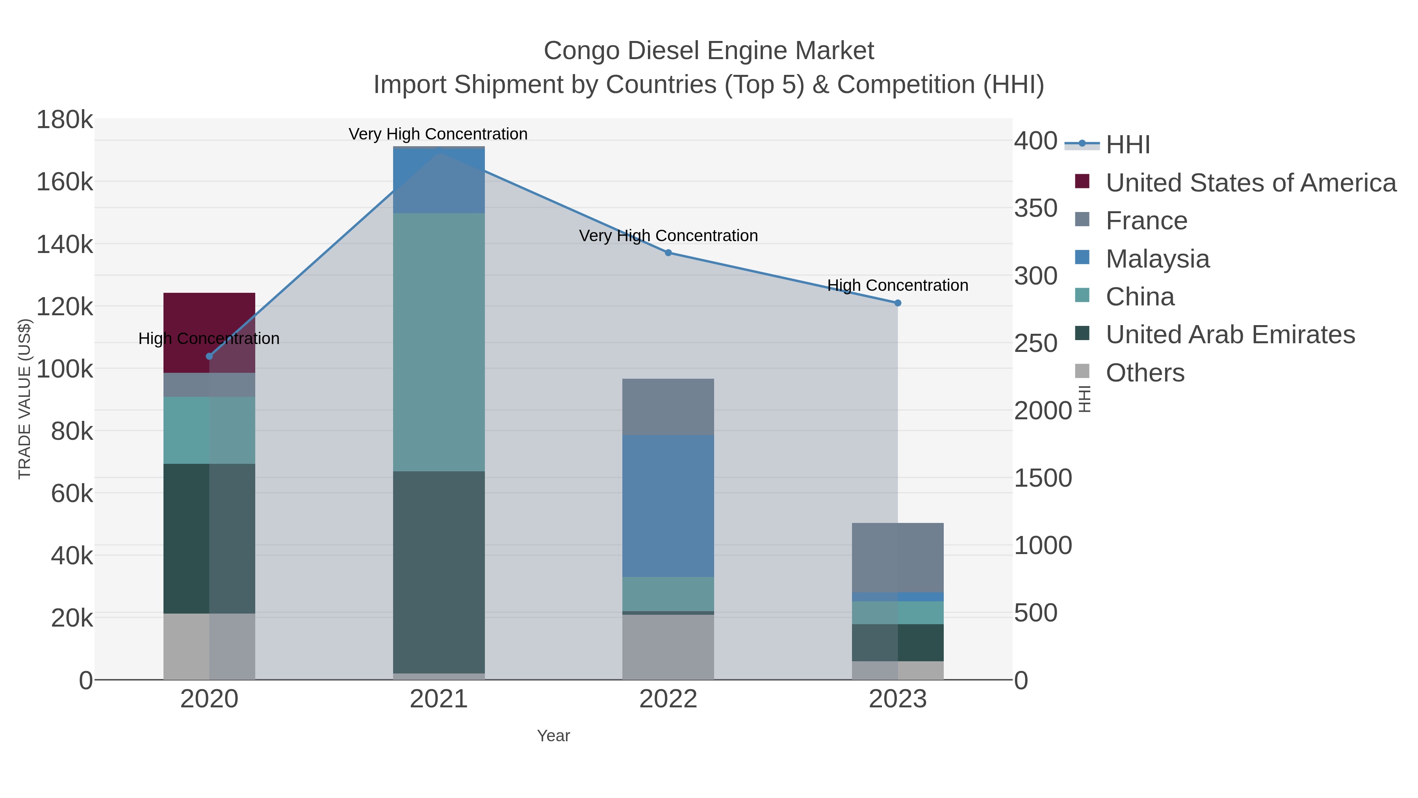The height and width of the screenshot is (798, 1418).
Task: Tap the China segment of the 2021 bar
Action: point(439,341)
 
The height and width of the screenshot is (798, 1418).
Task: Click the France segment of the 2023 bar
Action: point(897,557)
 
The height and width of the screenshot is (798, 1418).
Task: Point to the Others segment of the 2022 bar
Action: point(668,647)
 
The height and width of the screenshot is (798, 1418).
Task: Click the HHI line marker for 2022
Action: point(668,253)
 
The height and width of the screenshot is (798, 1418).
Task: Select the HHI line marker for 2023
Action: point(898,303)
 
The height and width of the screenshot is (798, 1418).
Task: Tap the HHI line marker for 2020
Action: point(209,356)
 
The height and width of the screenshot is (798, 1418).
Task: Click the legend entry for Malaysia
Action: point(1158,259)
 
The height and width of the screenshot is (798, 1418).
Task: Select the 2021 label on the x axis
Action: point(439,699)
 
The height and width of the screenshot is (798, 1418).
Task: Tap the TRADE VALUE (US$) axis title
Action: point(25,399)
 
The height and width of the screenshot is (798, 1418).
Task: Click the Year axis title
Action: point(553,736)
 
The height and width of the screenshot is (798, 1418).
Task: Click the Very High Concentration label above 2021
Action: point(438,134)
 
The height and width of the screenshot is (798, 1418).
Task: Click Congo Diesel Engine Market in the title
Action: point(709,51)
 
